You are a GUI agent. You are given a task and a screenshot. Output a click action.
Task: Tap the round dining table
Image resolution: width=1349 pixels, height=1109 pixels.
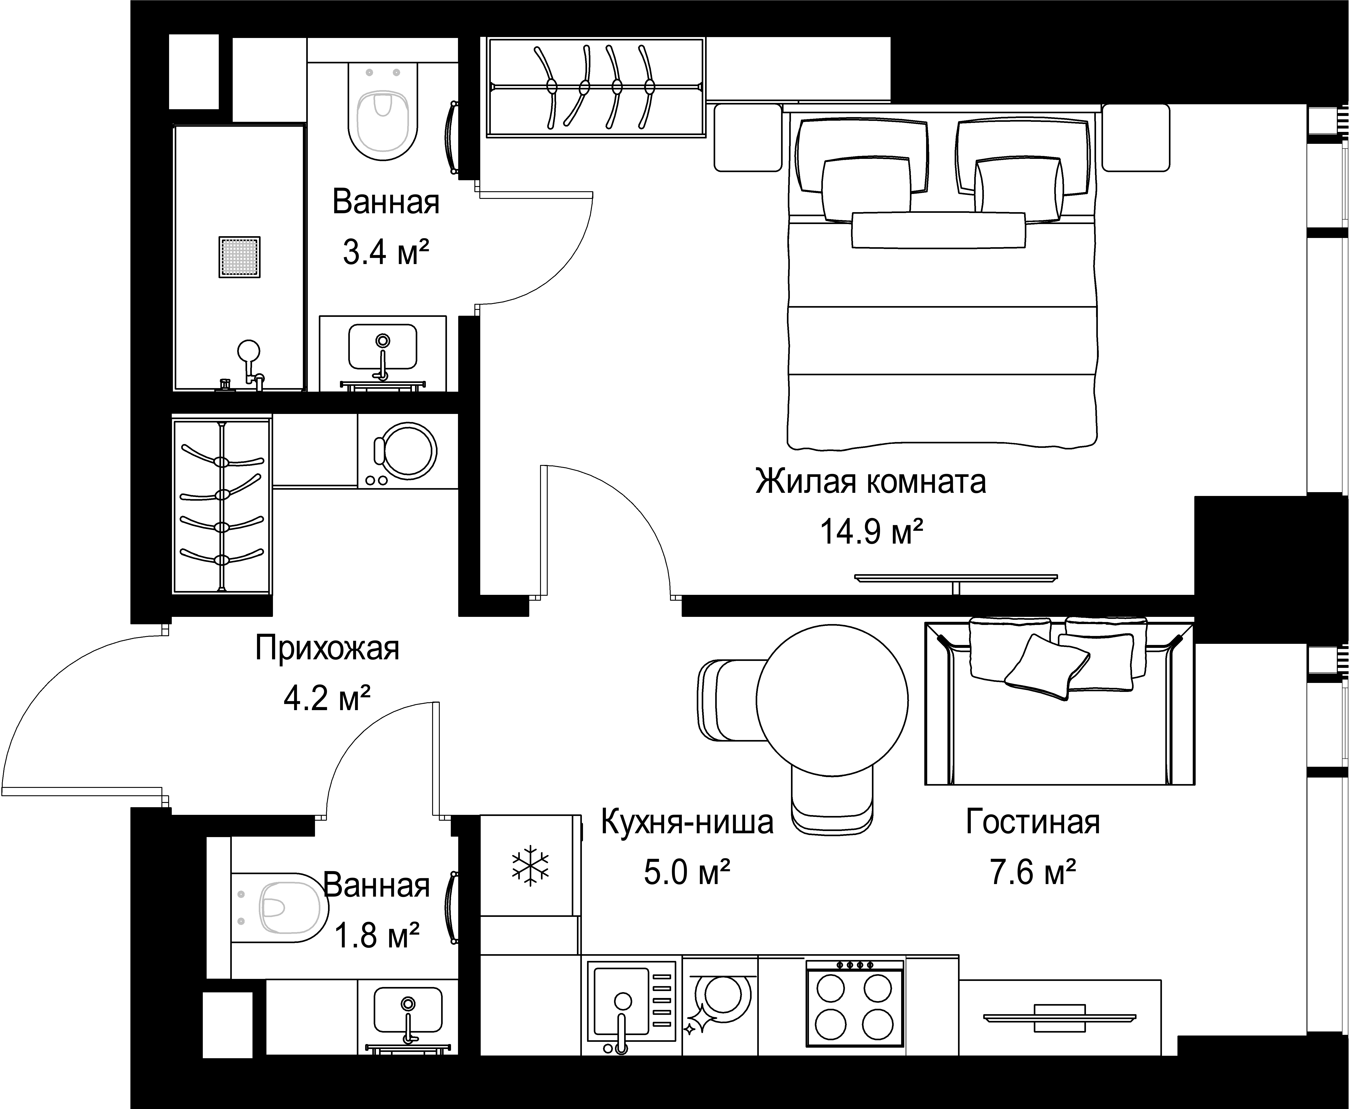[x=832, y=700]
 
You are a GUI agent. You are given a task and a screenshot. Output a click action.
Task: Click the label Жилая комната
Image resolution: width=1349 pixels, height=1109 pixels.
[x=870, y=482]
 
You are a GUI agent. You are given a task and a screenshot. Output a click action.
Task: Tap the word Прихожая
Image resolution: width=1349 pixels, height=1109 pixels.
[x=327, y=648]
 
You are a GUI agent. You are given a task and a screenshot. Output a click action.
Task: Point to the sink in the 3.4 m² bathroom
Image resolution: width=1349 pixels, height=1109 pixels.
[x=382, y=347]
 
